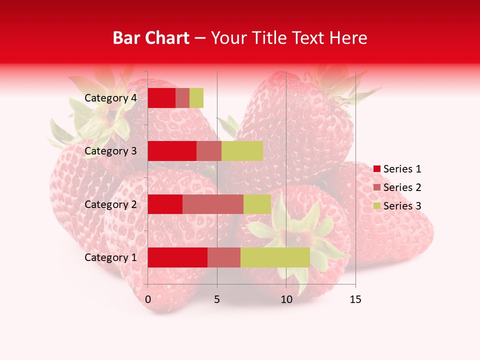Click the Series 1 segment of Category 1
point(177,257)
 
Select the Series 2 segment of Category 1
point(224,257)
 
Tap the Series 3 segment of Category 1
point(275,257)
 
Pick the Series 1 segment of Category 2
point(165,204)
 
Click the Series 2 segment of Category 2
point(213,204)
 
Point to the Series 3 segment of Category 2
point(257,204)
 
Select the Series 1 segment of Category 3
point(172,151)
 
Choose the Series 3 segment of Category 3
point(242,151)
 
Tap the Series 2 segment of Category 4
point(182,98)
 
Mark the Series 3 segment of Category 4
point(196,98)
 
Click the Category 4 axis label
point(110,98)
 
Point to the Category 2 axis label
point(110,204)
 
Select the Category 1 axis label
point(110,257)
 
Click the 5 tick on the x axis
point(217,299)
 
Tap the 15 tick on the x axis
point(355,299)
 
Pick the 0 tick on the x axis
point(148,299)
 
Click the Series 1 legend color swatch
point(376,169)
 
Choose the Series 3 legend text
point(402,206)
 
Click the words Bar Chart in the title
point(151,38)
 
